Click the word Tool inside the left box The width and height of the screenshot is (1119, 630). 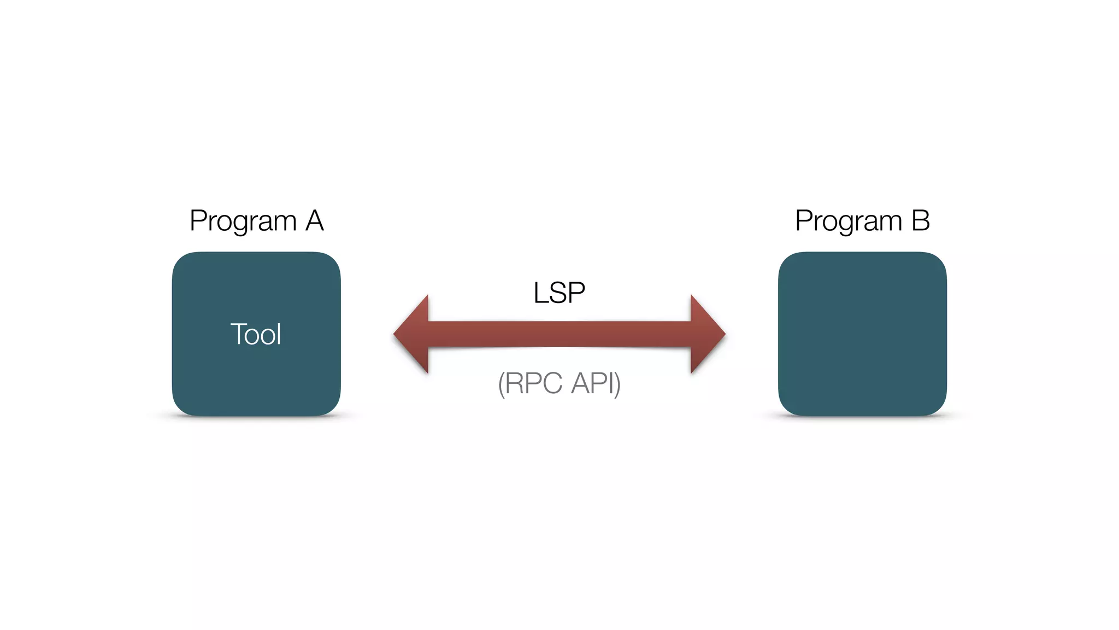[x=256, y=334]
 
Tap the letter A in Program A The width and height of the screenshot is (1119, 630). [x=315, y=221]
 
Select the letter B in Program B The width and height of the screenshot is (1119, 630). [x=921, y=221]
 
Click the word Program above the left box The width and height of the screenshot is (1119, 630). [x=243, y=222]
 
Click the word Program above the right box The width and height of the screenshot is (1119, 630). [x=849, y=222]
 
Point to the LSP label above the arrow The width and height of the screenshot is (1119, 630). [x=559, y=293]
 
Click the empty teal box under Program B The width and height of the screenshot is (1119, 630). [x=862, y=334]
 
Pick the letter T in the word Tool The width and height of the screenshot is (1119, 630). [x=238, y=334]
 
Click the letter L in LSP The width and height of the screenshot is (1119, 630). [x=540, y=293]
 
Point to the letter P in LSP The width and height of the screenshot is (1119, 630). [x=577, y=293]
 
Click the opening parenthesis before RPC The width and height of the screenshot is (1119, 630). [x=501, y=384]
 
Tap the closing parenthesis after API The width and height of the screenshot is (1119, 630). [x=618, y=384]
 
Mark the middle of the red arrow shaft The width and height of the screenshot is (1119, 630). [x=559, y=334]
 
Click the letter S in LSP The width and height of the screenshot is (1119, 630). [x=558, y=293]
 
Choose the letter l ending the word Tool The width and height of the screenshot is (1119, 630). [x=279, y=334]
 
